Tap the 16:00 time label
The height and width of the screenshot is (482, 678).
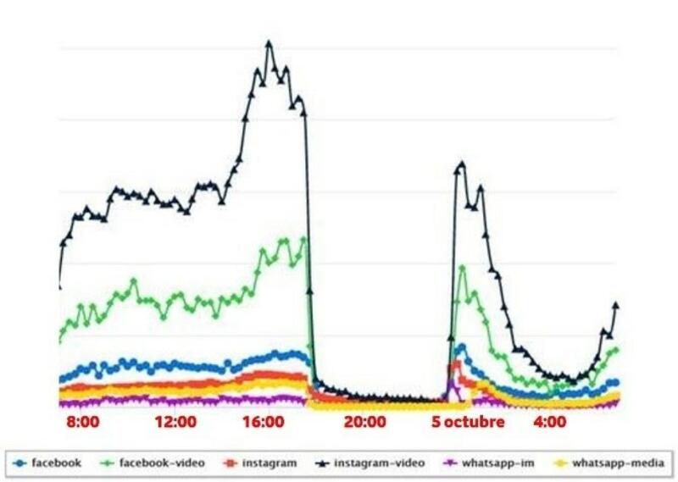(x=263, y=422)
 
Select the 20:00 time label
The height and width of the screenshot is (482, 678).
(x=365, y=422)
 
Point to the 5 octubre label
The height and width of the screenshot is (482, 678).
(x=468, y=422)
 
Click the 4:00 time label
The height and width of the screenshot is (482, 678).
(x=550, y=422)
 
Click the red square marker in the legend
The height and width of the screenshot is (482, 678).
(x=229, y=463)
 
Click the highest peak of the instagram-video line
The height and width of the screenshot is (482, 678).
(x=270, y=42)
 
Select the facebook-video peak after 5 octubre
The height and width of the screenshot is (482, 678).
(x=463, y=268)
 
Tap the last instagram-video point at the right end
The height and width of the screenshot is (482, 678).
(x=616, y=305)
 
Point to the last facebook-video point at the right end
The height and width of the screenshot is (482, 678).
(x=616, y=349)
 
